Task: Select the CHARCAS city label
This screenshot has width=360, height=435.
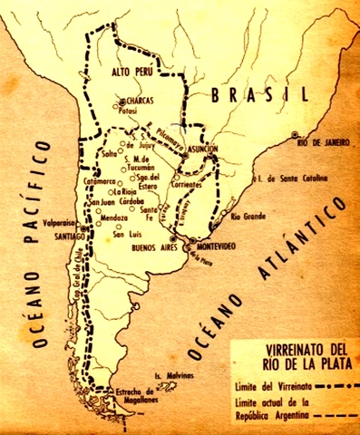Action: [x=142, y=102]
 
